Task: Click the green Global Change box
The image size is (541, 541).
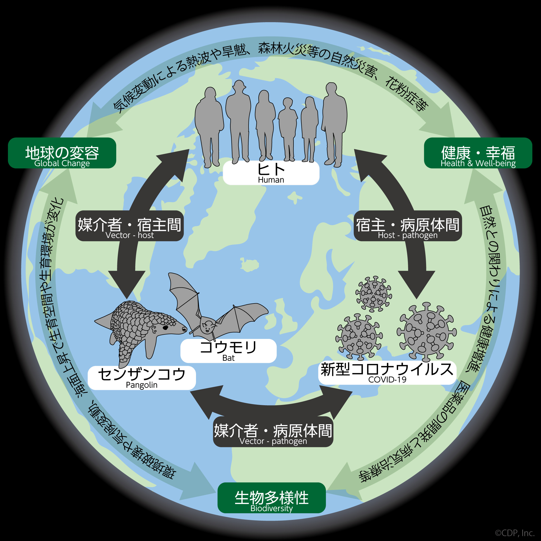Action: [62, 153]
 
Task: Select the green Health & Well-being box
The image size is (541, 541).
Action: [478, 153]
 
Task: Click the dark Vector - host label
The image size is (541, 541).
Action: [129, 226]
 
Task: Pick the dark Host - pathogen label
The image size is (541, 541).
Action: [407, 226]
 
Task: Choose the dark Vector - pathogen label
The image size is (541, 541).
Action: [273, 432]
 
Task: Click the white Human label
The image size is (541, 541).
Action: [271, 173]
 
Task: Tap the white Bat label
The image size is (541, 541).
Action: [228, 351]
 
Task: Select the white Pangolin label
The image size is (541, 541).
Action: [142, 378]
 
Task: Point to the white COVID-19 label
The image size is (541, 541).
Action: [387, 372]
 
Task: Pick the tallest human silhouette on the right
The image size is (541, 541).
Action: [334, 123]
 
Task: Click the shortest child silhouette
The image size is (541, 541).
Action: [288, 129]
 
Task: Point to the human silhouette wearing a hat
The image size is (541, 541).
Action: [238, 120]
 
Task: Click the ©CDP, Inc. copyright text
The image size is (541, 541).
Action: [515, 533]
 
